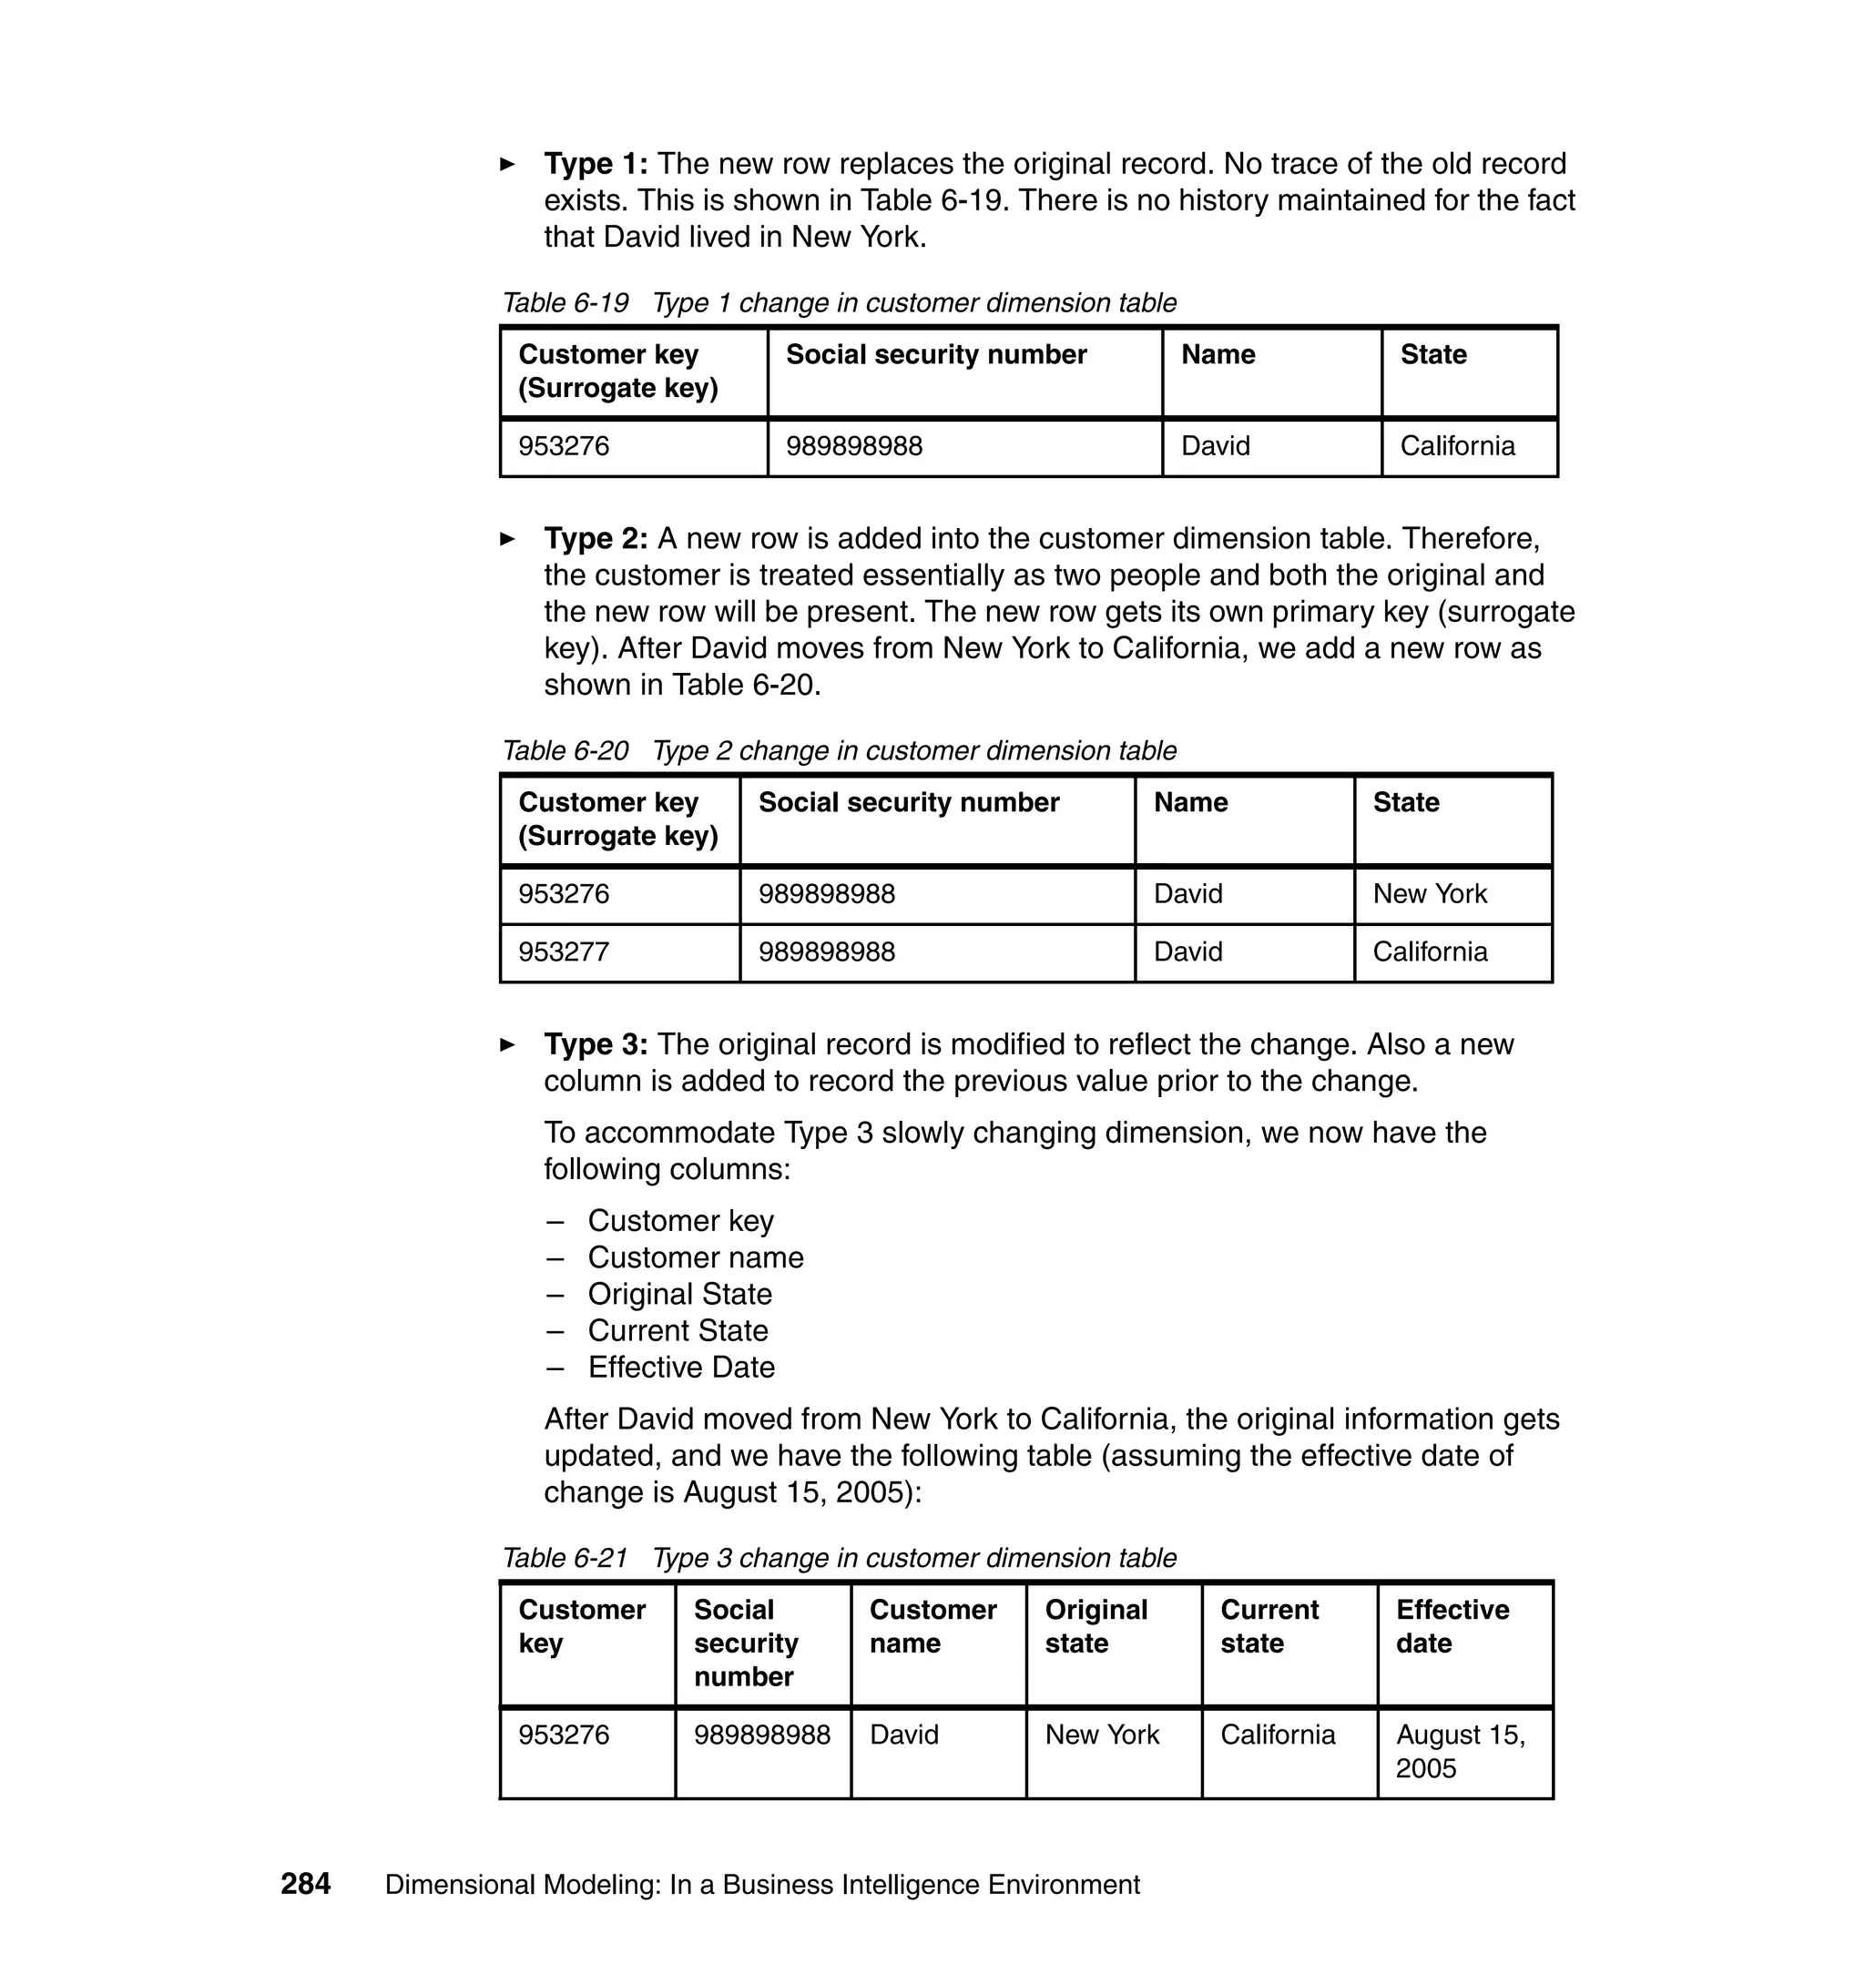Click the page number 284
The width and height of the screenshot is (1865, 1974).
point(305,1884)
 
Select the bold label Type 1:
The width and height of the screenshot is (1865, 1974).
point(596,163)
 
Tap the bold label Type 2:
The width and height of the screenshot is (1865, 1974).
point(596,538)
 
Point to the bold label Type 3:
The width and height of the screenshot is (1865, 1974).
point(596,1043)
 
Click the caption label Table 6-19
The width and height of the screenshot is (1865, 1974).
point(565,302)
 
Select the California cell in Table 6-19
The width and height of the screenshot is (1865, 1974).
point(1457,445)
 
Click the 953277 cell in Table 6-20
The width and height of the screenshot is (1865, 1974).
point(564,951)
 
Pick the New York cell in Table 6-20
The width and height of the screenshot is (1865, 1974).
point(1430,893)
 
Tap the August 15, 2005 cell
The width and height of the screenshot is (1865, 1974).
point(1460,1750)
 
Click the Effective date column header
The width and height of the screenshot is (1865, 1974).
point(1452,1625)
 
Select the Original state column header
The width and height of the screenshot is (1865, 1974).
point(1096,1625)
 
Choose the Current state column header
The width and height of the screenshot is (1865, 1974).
point(1269,1625)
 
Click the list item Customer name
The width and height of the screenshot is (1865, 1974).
point(695,1257)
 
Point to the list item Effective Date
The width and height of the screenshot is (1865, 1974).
point(681,1367)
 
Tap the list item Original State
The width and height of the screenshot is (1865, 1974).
point(679,1294)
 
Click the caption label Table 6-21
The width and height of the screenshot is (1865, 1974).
point(565,1558)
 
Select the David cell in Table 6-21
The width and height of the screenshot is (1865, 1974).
point(903,1735)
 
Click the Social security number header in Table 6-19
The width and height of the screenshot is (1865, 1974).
point(935,355)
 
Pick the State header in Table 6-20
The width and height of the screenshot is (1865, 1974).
point(1406,802)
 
